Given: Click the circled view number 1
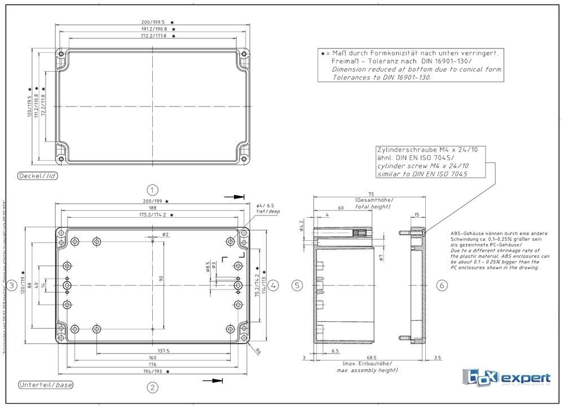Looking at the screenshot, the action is [152, 189].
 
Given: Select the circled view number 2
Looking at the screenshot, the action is [152, 387].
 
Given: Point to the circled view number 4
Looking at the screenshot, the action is [273, 285].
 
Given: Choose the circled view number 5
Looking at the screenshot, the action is [297, 285].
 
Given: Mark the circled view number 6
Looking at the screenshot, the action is [442, 285].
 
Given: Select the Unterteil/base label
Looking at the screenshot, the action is [46, 385].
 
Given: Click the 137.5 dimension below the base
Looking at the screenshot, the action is [163, 350].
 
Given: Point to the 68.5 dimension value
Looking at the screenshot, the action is [371, 358].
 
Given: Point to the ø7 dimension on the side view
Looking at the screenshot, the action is [381, 257].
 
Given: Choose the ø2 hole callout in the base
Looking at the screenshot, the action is [165, 234].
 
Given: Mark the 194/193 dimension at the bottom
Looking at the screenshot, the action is [152, 372].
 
